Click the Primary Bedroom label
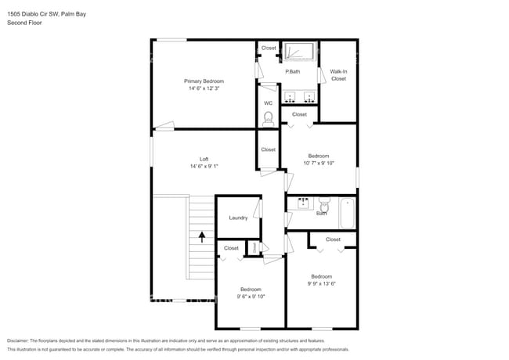click(x=204, y=81)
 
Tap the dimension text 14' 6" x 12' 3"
click(x=204, y=88)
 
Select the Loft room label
click(x=204, y=159)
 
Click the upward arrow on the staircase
click(x=202, y=236)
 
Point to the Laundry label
click(x=238, y=218)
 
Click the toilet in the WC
click(x=269, y=118)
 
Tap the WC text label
click(x=268, y=103)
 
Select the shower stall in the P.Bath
click(x=298, y=52)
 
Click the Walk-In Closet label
click(x=338, y=75)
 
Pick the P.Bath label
click(x=292, y=72)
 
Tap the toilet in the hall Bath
click(x=326, y=207)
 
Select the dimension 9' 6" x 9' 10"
click(x=251, y=296)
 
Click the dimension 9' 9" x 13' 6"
click(x=321, y=283)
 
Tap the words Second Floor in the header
click(x=25, y=23)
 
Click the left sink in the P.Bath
click(x=291, y=98)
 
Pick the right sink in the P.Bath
click(x=309, y=98)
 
